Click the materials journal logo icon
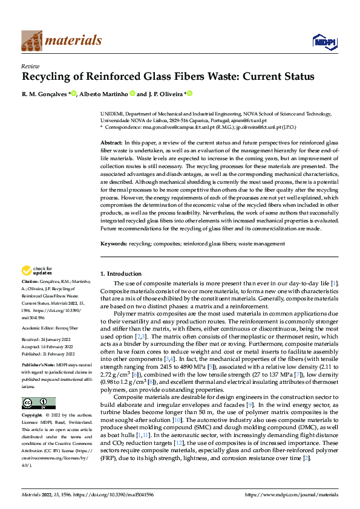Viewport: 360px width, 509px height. click(32, 41)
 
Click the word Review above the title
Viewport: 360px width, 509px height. click(30, 66)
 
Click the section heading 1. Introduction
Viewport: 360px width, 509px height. click(121, 273)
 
